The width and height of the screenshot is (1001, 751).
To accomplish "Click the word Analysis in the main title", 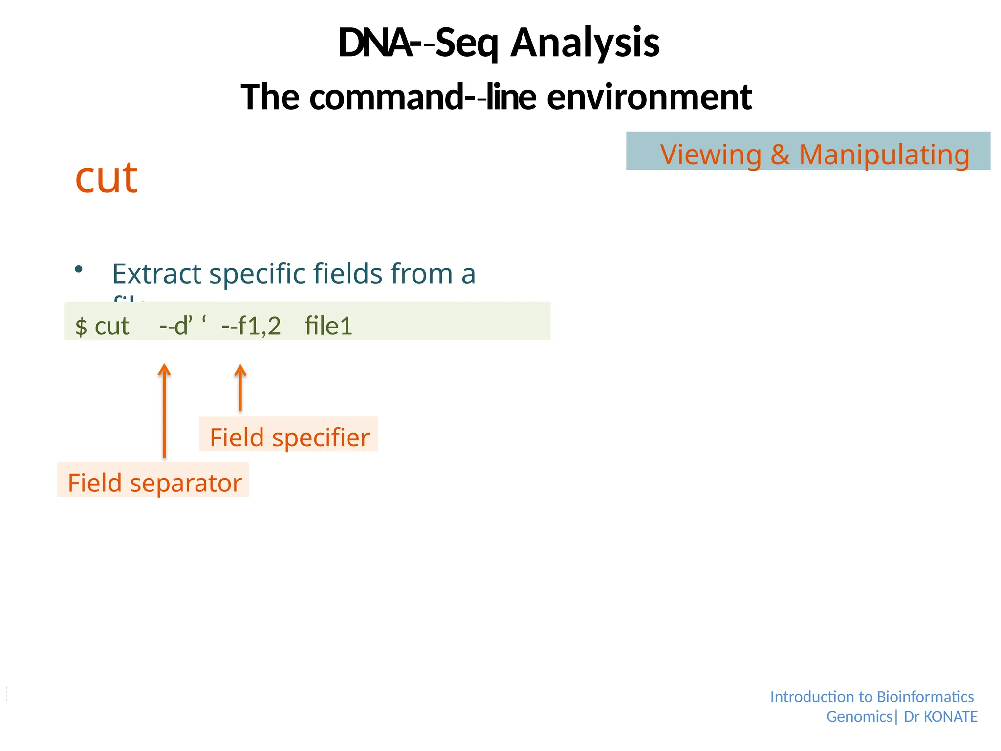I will (585, 43).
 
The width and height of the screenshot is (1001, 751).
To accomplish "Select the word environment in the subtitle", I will (649, 97).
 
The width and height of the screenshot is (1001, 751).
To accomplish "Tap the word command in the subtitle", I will (386, 97).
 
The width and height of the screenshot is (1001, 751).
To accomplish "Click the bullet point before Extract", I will (79, 269).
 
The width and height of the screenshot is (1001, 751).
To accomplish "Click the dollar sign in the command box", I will (81, 327).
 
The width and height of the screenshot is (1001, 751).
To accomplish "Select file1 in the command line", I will (328, 326).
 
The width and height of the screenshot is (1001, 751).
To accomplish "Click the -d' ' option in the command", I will (183, 326).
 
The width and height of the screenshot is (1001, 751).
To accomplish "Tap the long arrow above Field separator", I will (165, 411).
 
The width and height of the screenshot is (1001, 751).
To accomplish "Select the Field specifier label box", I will (289, 435).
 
